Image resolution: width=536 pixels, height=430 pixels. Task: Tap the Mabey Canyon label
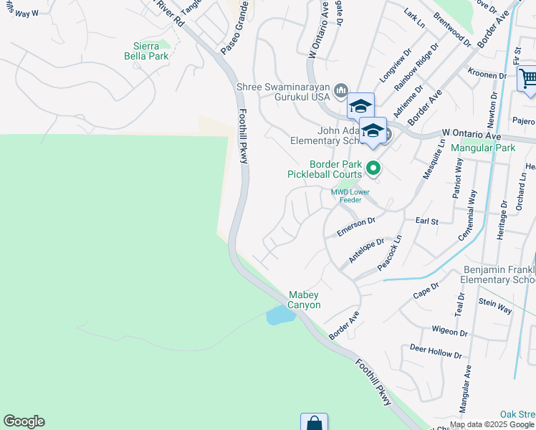tap(305, 300)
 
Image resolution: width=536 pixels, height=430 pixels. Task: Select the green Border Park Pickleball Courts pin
tap(373, 169)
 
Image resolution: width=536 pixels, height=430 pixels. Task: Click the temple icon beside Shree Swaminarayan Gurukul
tap(340, 90)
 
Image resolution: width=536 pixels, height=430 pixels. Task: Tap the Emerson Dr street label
tap(356, 227)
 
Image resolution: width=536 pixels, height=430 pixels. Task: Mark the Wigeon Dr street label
tap(449, 331)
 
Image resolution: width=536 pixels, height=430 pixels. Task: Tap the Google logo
tap(24, 421)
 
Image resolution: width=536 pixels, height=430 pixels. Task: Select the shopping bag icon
tap(314, 423)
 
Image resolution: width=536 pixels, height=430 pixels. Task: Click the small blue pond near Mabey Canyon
tap(277, 315)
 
